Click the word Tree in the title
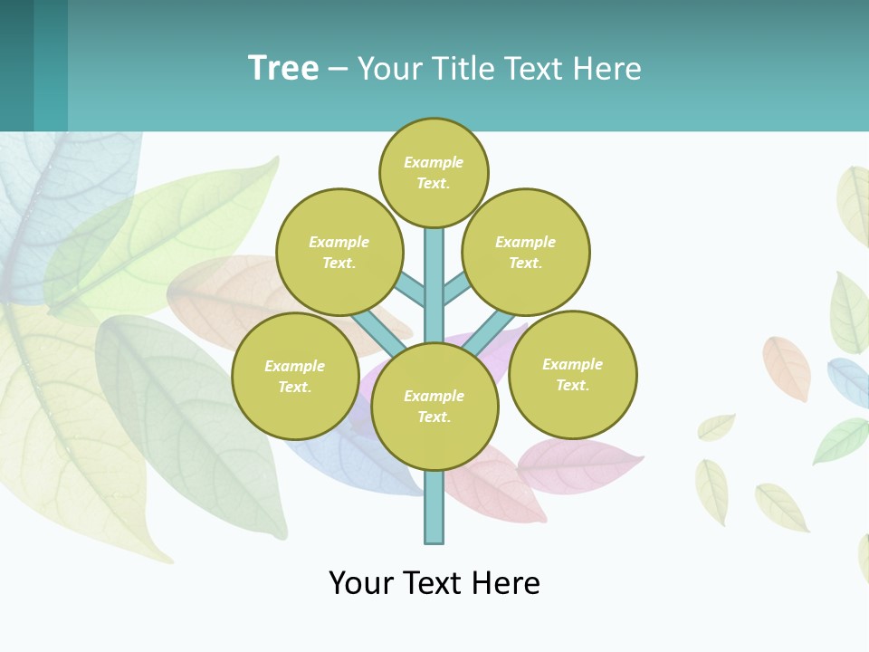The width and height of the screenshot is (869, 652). click(283, 69)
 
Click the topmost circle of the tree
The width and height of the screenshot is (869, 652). click(434, 172)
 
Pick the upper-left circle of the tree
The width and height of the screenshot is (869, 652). click(339, 252)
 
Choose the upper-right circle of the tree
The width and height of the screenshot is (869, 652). click(526, 252)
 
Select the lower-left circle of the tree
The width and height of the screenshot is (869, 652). click(295, 376)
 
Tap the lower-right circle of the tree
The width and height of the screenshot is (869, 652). click(573, 374)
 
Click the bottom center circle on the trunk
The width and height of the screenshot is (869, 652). click(434, 406)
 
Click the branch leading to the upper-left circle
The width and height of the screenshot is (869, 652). click(410, 289)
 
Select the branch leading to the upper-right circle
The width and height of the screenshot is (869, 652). click(457, 289)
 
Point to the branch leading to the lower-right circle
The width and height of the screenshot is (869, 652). click(494, 331)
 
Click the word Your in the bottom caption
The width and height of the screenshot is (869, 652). click(360, 583)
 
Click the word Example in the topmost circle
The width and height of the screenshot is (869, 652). click(434, 162)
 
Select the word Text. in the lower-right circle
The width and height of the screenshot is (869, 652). click(572, 385)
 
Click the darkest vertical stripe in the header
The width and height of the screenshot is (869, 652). click(16, 65)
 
